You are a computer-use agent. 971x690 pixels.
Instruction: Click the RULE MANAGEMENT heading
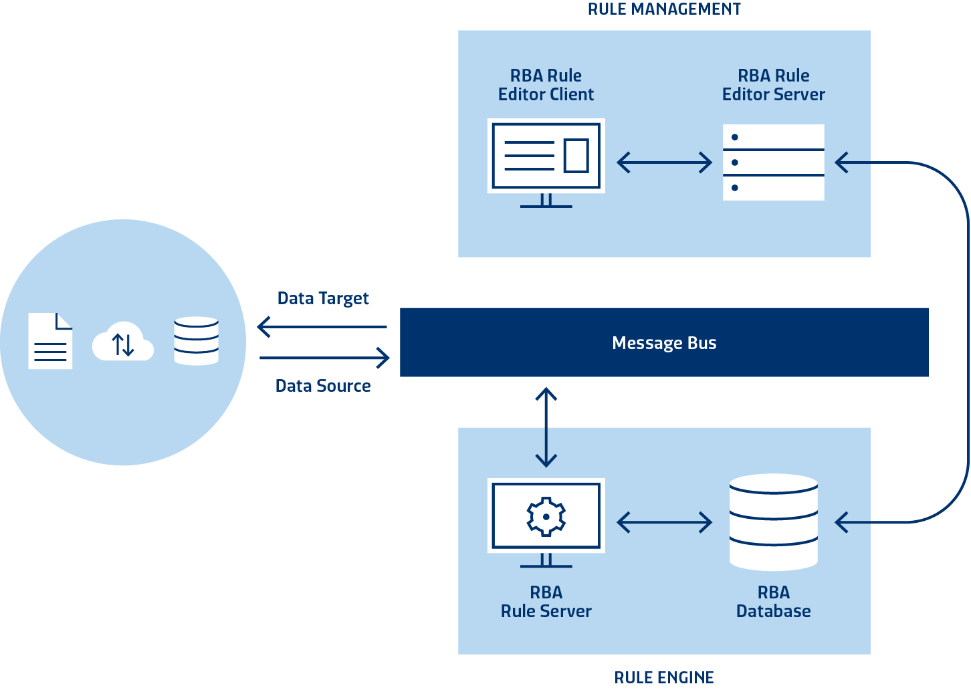coord(664,9)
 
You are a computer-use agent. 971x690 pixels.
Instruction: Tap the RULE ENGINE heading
coord(664,677)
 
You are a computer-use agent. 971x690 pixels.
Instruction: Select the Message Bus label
coord(664,343)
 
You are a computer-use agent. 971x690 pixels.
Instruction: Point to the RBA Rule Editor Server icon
coord(773,162)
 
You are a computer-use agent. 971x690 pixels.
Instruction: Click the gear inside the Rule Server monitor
coord(546,516)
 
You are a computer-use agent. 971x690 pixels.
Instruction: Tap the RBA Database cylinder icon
coord(774,522)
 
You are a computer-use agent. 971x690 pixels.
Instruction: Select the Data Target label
coord(323,298)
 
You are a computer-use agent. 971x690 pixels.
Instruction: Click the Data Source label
coord(323,386)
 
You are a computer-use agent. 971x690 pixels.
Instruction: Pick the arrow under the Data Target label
coord(323,327)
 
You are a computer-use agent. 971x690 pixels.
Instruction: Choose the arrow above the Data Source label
coord(324,358)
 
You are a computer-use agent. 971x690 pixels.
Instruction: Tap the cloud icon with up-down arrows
coord(123,342)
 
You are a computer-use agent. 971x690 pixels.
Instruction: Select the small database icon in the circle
coord(196,341)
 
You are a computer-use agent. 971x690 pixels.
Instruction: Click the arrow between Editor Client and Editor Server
coord(664,162)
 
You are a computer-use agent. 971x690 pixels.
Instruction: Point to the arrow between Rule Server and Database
coord(664,522)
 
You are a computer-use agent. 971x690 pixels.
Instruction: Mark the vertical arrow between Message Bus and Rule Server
coord(546,427)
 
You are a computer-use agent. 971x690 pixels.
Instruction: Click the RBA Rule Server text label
coord(546,602)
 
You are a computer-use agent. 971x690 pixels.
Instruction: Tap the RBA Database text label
coord(773,602)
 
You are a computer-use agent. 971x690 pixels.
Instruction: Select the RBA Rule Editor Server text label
coord(773,85)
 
